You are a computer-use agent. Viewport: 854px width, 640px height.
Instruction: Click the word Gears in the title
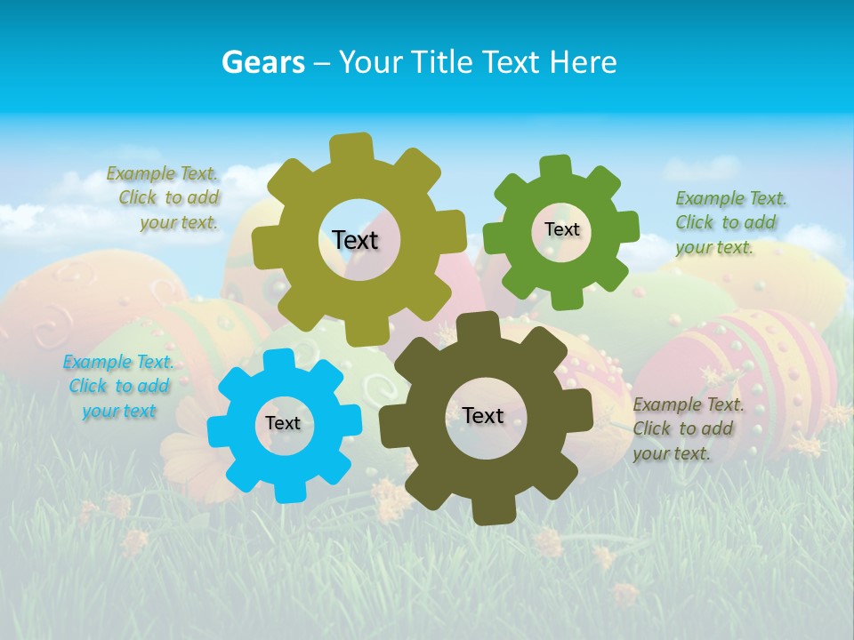[262, 62]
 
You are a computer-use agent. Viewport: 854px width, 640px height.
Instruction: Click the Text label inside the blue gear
[283, 424]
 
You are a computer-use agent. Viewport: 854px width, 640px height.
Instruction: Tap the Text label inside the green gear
[561, 229]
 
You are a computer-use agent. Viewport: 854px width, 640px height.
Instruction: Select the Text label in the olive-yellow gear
[355, 240]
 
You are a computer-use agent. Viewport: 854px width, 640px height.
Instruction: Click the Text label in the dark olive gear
[483, 415]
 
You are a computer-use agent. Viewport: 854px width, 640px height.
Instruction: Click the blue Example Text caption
[118, 387]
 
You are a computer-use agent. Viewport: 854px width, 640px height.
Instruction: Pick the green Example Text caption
[730, 223]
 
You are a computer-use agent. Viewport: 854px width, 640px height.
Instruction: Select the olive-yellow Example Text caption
[164, 198]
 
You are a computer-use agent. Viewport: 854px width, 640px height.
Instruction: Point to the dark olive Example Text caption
[688, 428]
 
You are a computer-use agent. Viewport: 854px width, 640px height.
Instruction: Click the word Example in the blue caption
[96, 362]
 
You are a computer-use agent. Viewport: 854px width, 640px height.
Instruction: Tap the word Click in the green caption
[694, 223]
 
